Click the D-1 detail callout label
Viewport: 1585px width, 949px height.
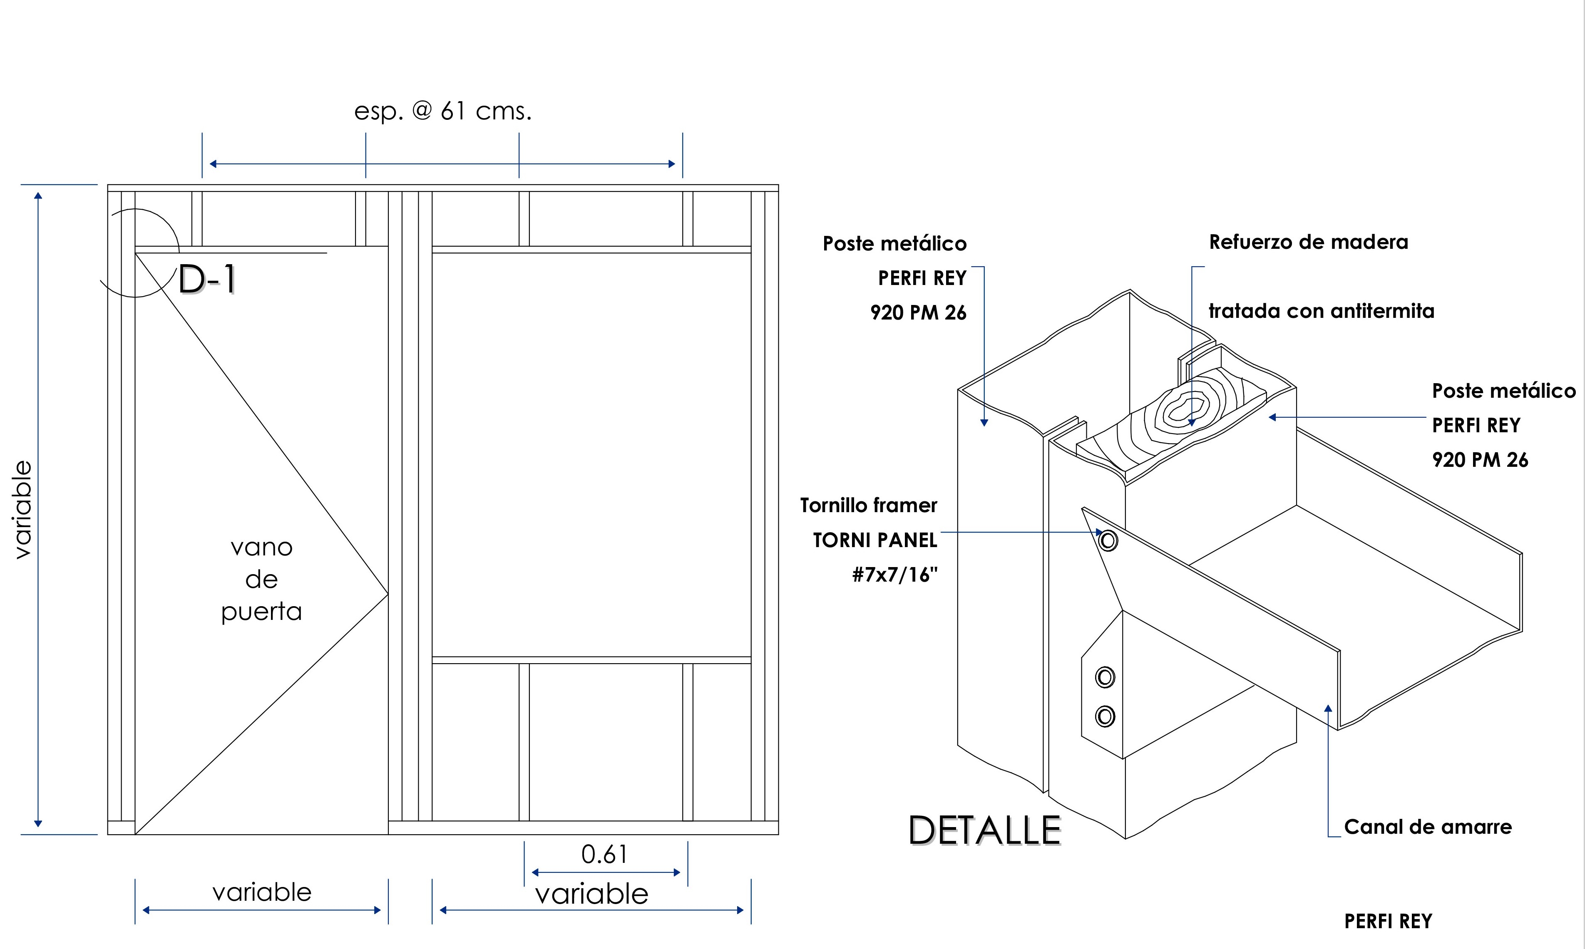[x=206, y=280]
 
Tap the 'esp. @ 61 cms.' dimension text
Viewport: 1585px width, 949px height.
[x=442, y=111]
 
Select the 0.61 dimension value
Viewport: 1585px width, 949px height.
[x=604, y=855]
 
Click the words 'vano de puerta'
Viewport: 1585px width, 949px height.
[x=262, y=580]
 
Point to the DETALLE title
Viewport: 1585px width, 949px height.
[x=984, y=831]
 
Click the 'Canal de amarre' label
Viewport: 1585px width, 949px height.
[x=1428, y=827]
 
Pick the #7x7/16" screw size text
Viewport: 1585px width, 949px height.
[x=894, y=575]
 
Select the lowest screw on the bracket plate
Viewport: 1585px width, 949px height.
[x=1105, y=716]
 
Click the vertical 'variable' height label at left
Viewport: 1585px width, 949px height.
[x=23, y=510]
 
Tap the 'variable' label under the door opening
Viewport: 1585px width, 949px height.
[x=262, y=892]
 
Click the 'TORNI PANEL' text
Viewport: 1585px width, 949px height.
[x=874, y=540]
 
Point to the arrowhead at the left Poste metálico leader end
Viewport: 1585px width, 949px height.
[x=984, y=422]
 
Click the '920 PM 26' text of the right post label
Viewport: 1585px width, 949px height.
[x=1479, y=460]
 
